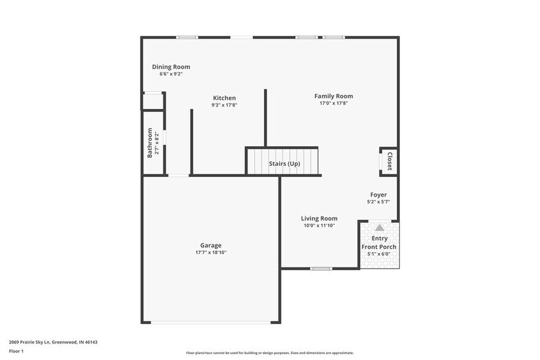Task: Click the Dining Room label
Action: [171, 67]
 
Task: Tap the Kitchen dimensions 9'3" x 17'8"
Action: [224, 105]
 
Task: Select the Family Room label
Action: [334, 96]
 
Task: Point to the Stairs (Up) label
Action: [285, 163]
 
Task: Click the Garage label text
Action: [211, 246]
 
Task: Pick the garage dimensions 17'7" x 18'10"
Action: [211, 252]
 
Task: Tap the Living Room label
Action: [319, 219]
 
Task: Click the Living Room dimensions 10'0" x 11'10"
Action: [319, 225]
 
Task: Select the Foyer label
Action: [378, 195]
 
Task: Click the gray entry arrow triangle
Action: [380, 228]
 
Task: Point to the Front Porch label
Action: [379, 247]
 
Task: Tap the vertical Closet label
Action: [389, 162]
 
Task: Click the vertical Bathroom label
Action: [149, 143]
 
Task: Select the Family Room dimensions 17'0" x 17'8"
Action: [334, 103]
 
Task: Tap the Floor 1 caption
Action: [17, 351]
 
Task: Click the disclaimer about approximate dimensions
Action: [269, 353]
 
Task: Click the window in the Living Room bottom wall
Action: [321, 268]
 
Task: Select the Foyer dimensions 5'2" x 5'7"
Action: [378, 201]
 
